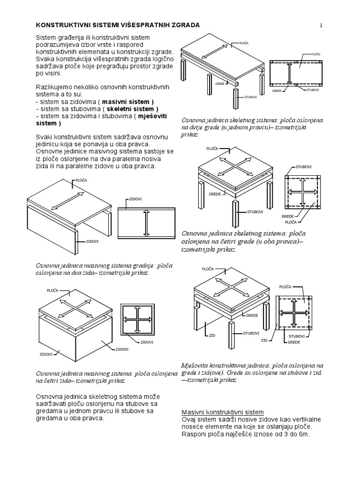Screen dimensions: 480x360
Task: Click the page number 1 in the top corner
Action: pyautogui.click(x=321, y=26)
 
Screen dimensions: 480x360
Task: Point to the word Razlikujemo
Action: pyautogui.click(x=54, y=87)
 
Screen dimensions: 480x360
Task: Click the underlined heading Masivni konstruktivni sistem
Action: pyautogui.click(x=223, y=412)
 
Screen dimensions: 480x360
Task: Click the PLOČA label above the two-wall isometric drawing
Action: pyautogui.click(x=81, y=180)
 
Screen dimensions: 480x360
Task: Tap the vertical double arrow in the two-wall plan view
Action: pyautogui.click(x=146, y=223)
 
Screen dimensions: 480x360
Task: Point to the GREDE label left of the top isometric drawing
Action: pyautogui.click(x=220, y=83)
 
